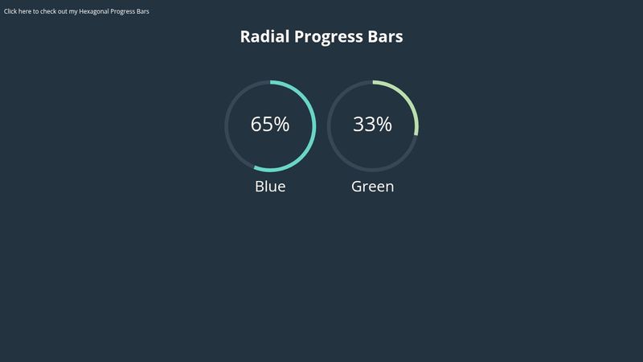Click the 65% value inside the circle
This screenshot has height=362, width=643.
tap(270, 125)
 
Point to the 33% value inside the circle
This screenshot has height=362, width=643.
tap(372, 125)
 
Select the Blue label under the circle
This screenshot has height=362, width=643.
tap(270, 187)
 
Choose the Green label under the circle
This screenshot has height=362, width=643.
tap(372, 187)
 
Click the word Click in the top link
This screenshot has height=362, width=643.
tap(11, 11)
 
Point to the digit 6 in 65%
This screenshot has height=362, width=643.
tap(256, 125)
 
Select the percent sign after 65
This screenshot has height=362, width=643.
tap(281, 125)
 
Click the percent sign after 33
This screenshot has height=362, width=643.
tap(384, 125)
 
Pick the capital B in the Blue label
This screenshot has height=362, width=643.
tap(260, 187)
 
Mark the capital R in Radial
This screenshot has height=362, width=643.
tap(246, 37)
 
